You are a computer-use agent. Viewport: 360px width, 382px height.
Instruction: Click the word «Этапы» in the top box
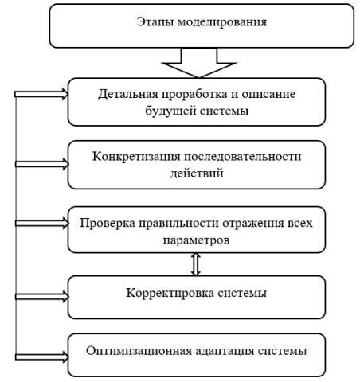tap(155, 22)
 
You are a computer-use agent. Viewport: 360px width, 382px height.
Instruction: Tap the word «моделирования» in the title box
tap(222, 22)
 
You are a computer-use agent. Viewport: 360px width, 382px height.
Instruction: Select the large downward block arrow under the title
tap(199, 63)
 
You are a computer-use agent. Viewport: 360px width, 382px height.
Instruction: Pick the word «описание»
tap(268, 95)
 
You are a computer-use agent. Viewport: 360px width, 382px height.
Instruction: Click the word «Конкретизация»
tap(136, 157)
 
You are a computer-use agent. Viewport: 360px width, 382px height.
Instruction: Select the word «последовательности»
tap(243, 157)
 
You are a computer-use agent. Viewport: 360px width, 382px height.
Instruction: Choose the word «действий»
tap(197, 173)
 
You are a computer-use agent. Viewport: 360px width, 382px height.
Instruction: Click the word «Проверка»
tap(108, 224)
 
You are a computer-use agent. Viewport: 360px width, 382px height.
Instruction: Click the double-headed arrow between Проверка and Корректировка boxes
tap(196, 264)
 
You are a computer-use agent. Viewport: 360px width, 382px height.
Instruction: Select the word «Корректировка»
tap(170, 294)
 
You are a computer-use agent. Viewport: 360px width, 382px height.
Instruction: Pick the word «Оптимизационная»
tap(139, 351)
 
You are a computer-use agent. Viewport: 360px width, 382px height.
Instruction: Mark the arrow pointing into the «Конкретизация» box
tap(42, 164)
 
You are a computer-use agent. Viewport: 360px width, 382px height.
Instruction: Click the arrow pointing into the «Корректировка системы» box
tap(42, 297)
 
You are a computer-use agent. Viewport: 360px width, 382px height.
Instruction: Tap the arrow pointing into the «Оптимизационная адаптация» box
tap(42, 357)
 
